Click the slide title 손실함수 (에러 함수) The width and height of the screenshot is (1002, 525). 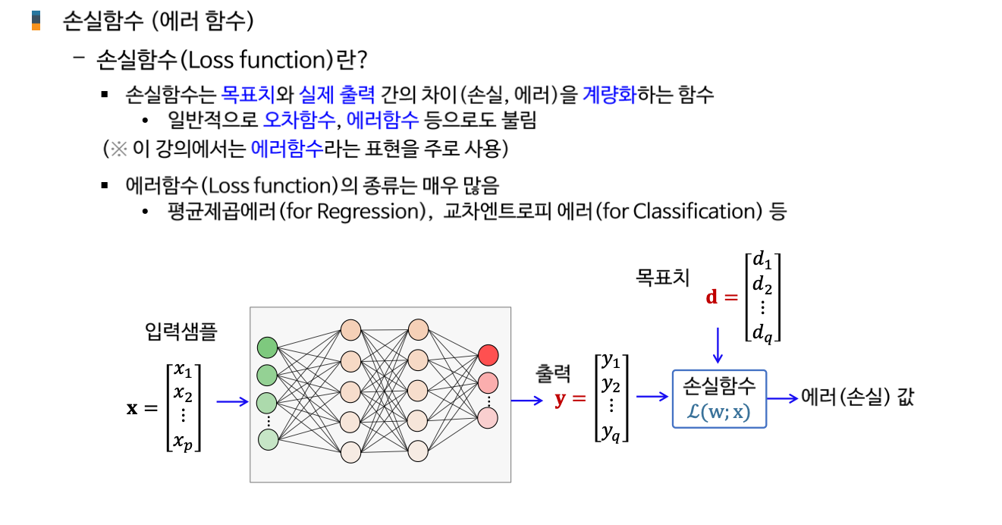pyautogui.click(x=157, y=20)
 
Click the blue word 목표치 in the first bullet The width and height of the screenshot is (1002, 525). pyautogui.click(x=243, y=95)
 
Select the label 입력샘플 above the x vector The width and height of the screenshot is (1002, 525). pyautogui.click(x=181, y=332)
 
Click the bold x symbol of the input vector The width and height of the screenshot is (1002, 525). pyautogui.click(x=132, y=408)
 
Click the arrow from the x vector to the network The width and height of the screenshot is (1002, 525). pyautogui.click(x=232, y=402)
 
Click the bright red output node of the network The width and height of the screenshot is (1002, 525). pyautogui.click(x=488, y=354)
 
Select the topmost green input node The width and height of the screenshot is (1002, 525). pyautogui.click(x=268, y=347)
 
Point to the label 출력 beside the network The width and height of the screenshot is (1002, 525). pyautogui.click(x=552, y=373)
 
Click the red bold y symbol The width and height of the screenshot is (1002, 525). pyautogui.click(x=561, y=399)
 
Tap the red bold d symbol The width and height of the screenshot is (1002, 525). pyautogui.click(x=711, y=297)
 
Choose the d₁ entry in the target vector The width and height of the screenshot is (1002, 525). pyautogui.click(x=761, y=261)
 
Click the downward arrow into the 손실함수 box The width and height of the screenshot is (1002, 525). pyautogui.click(x=718, y=345)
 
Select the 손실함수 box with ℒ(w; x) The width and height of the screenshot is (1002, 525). pyautogui.click(x=719, y=398)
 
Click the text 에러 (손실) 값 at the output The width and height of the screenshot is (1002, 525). pyautogui.click(x=857, y=398)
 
